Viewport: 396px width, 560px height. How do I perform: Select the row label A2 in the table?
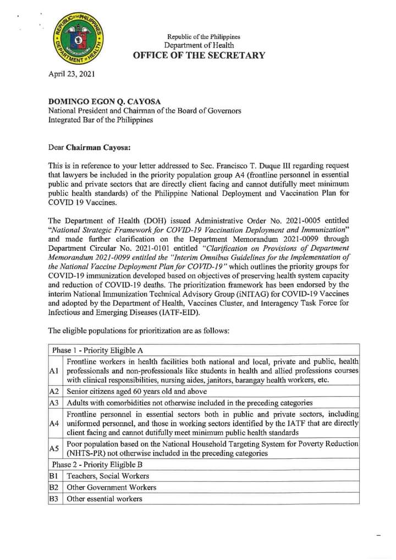[54, 391]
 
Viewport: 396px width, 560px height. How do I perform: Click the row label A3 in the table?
[54, 403]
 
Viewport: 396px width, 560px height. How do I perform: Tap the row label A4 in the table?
[54, 423]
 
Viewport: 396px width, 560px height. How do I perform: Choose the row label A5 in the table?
[54, 448]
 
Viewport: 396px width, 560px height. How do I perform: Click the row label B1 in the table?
[54, 476]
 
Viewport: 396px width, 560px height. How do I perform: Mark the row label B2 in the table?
[54, 487]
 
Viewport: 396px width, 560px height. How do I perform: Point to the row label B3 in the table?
[54, 499]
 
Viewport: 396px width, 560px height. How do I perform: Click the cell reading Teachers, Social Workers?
[108, 476]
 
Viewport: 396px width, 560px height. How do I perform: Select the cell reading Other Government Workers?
[111, 487]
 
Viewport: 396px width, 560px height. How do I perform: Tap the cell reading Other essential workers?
[105, 499]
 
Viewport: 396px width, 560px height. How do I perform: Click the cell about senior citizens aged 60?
[136, 391]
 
